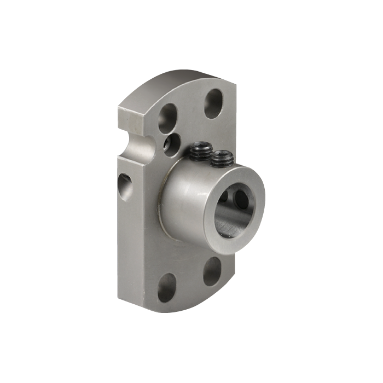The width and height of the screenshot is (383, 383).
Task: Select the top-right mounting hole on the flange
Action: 213,103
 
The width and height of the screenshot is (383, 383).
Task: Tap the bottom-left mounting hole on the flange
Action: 167,288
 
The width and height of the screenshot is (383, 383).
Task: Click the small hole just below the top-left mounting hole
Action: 175,143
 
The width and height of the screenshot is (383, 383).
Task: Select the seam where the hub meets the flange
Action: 161,211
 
